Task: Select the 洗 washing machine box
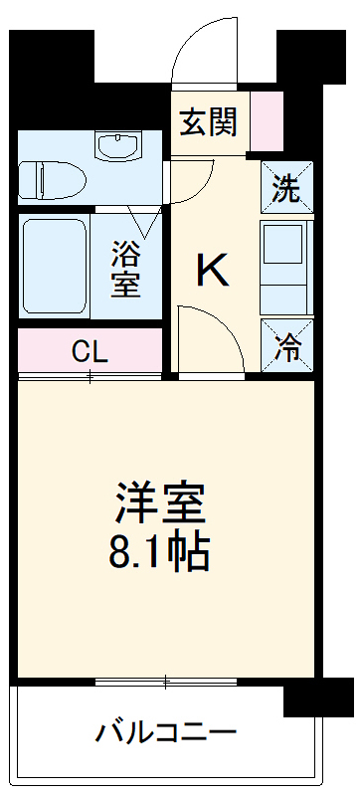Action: pos(286,189)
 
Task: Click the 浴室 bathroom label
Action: pos(125,269)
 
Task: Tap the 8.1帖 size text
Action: pos(161,552)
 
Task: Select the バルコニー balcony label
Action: pos(166,733)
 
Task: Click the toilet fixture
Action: pos(55,180)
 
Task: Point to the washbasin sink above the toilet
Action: pos(120,147)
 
